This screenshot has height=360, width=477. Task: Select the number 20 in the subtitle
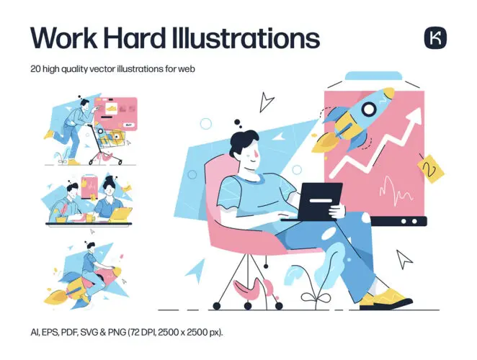point(38,69)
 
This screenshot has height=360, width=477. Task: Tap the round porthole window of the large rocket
point(367,110)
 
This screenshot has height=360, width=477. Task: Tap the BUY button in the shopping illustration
point(128,125)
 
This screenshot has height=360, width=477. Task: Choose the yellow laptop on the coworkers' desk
point(120,214)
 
